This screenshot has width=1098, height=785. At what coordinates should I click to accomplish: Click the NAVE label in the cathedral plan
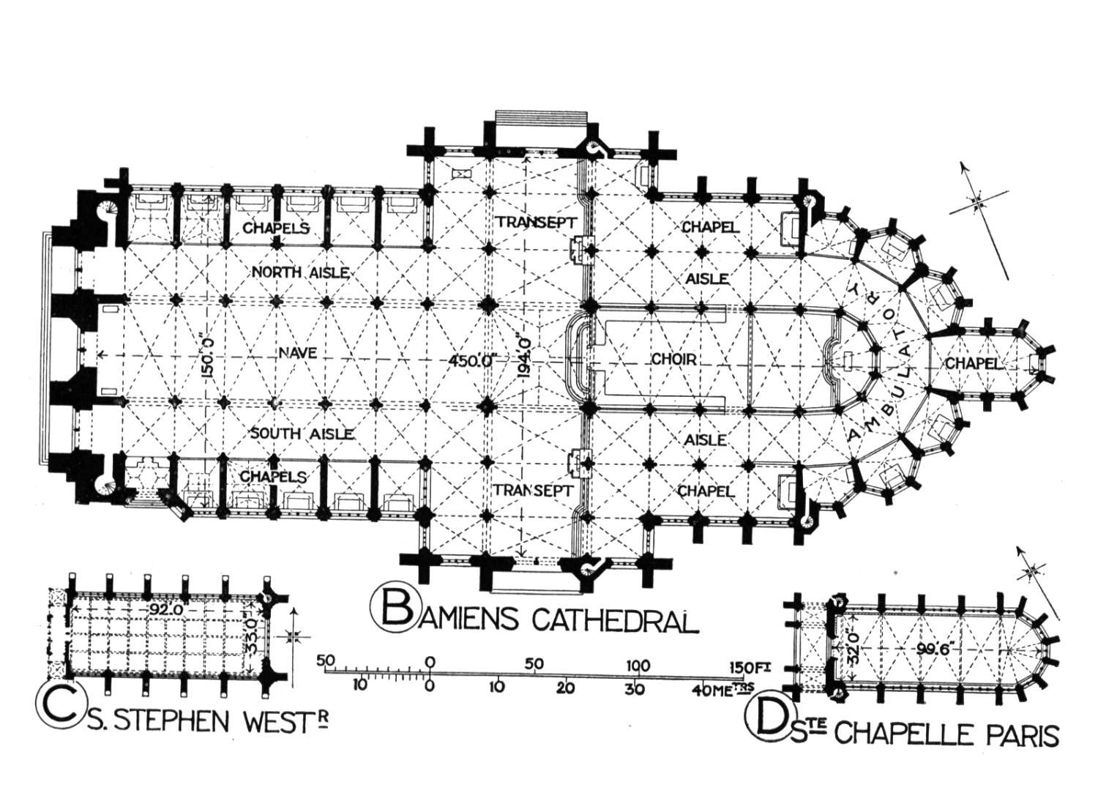click(297, 352)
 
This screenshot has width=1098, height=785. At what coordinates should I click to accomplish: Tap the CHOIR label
click(674, 360)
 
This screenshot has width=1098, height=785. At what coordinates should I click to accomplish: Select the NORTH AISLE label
click(300, 272)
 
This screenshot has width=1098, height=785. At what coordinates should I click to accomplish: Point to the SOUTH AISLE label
click(302, 434)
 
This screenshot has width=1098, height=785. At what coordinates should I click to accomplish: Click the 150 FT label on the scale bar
click(750, 667)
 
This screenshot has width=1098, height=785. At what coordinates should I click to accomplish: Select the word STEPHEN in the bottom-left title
click(179, 721)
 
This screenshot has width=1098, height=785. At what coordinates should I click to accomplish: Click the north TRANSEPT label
click(535, 222)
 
